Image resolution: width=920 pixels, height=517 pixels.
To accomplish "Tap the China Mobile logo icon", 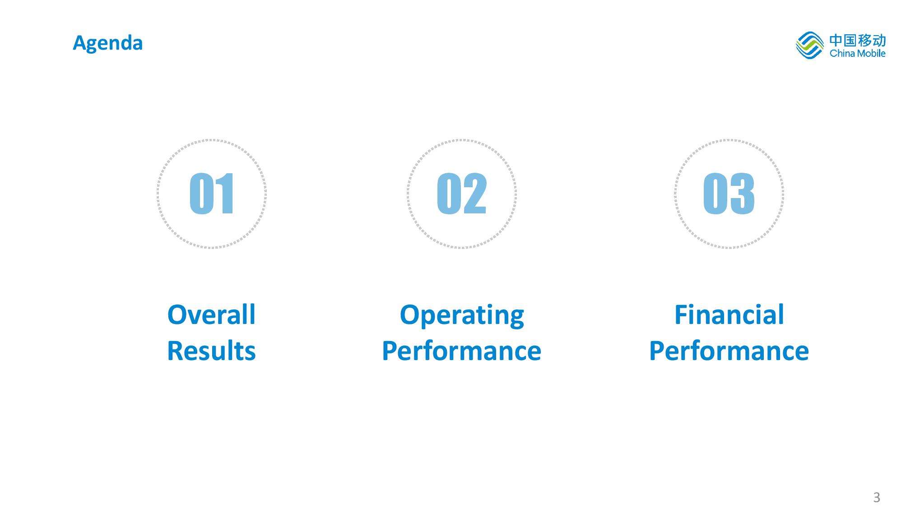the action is tap(810, 45).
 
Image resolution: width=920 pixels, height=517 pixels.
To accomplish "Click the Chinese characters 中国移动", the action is tap(858, 41).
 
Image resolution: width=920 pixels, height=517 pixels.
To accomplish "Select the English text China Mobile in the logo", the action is tap(858, 54).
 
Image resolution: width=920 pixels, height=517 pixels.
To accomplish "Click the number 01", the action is tap(212, 194).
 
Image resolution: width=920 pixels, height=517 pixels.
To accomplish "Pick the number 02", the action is tap(462, 194).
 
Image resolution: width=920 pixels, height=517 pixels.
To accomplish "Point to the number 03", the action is tap(729, 194).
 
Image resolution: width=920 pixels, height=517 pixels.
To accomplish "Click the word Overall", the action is tap(211, 314).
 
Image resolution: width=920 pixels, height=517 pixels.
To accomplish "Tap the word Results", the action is tap(211, 351).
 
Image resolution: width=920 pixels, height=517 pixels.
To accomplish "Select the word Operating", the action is tap(462, 315).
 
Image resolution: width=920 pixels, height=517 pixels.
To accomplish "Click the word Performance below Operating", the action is tap(461, 351).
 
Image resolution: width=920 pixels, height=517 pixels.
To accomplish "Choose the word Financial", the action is tap(729, 314).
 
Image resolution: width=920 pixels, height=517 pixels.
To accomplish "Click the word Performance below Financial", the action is tap(729, 351).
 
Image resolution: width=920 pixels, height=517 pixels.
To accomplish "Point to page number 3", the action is tap(877, 497).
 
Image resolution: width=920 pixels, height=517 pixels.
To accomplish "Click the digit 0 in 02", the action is tap(448, 194).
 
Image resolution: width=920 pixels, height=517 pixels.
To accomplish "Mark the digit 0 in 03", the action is tap(716, 194).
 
